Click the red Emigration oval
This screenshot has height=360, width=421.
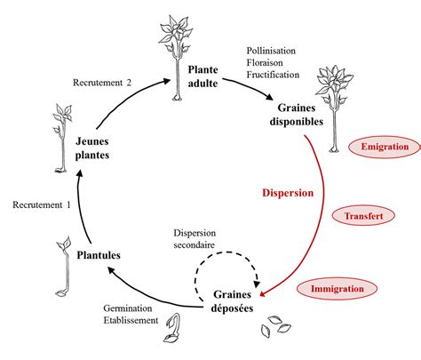tap(379, 146)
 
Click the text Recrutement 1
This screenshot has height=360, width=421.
tap(42, 205)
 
